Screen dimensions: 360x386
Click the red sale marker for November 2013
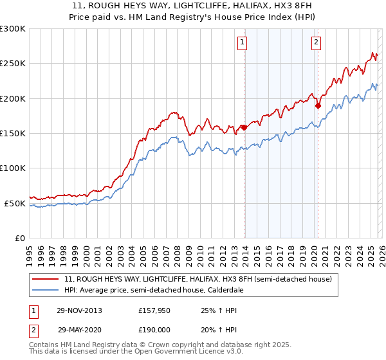click(x=244, y=127)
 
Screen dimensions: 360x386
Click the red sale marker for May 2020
click(x=318, y=105)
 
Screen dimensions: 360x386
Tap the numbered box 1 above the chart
click(x=243, y=43)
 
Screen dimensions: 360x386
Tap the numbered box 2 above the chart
click(x=317, y=43)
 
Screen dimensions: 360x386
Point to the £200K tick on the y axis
click(x=13, y=98)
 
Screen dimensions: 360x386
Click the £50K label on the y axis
click(x=15, y=203)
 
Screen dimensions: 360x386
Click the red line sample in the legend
click(x=46, y=280)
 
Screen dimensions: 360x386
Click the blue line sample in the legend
click(x=46, y=291)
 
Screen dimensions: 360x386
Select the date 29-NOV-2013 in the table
click(x=80, y=310)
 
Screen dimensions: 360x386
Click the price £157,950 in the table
click(x=154, y=310)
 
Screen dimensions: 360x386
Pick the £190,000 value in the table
click(x=154, y=329)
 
